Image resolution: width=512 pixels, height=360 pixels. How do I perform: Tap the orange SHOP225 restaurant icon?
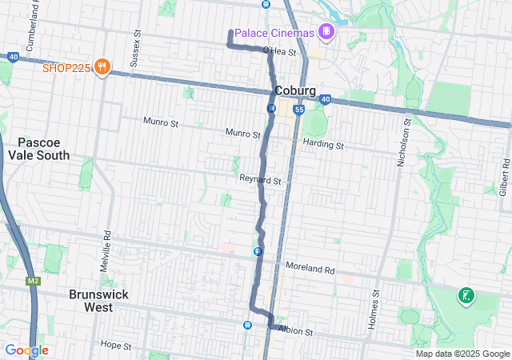coord(102,67)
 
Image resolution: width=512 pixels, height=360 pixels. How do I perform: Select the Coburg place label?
coord(294,90)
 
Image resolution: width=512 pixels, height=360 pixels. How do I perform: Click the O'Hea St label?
coord(281,53)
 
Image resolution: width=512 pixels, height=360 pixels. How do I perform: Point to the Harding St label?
coord(323,146)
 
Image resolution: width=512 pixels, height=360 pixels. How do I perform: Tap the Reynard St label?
coord(260,182)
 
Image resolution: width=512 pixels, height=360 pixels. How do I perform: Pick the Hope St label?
coord(116,345)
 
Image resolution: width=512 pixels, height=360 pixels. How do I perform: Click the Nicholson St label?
coord(404,142)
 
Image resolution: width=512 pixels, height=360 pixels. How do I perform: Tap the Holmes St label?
coord(374,304)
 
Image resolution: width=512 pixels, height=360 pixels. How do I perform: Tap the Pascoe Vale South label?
coord(38,149)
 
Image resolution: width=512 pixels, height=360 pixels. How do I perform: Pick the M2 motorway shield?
coord(33,281)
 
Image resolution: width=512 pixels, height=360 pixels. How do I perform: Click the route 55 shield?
coord(298,109)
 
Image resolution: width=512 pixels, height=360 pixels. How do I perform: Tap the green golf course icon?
coord(465,297)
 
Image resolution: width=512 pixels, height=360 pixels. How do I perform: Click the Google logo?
coord(26,350)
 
